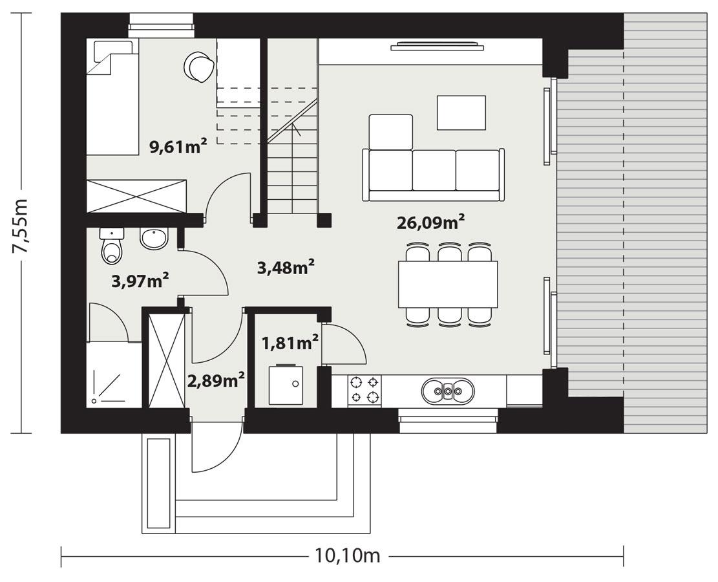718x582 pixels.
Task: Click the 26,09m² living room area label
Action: [431, 223]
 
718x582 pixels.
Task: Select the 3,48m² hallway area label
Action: [286, 267]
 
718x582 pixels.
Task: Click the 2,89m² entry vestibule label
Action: [216, 380]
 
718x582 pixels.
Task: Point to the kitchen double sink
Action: [447, 391]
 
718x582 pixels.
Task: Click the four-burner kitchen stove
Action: [364, 390]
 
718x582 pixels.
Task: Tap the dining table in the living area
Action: [447, 284]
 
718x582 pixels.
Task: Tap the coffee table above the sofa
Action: [461, 113]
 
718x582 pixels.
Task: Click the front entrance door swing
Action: [213, 449]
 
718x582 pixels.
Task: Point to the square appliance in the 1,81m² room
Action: [285, 385]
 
